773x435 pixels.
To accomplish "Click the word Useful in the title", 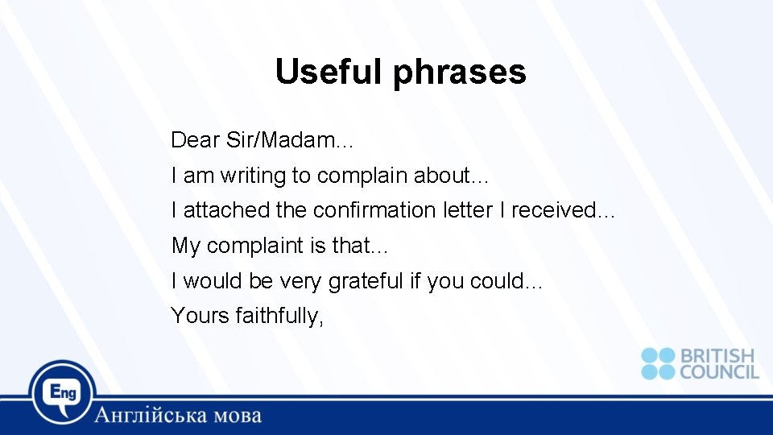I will click(330, 72).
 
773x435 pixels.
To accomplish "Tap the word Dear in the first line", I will click(196, 140).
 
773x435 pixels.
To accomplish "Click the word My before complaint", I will click(185, 246).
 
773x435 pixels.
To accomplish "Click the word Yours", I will click(200, 316).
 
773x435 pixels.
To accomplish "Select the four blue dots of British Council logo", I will click(658, 363).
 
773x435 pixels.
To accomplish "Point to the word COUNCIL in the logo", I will click(719, 371).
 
